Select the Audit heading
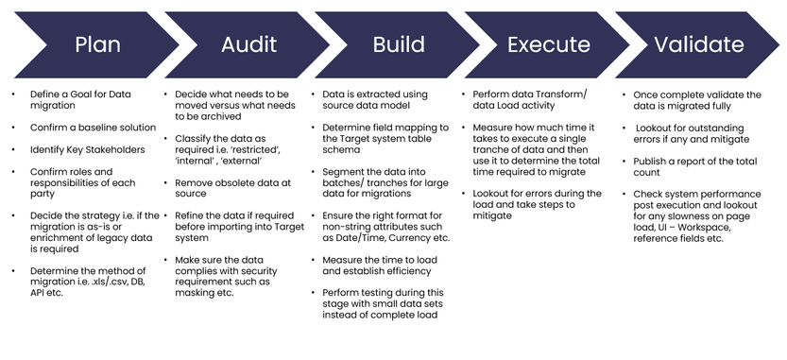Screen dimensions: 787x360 tap(248, 44)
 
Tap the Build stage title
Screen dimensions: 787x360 tap(399, 44)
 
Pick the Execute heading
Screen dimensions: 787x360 tap(549, 44)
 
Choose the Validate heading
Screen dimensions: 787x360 tap(700, 44)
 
